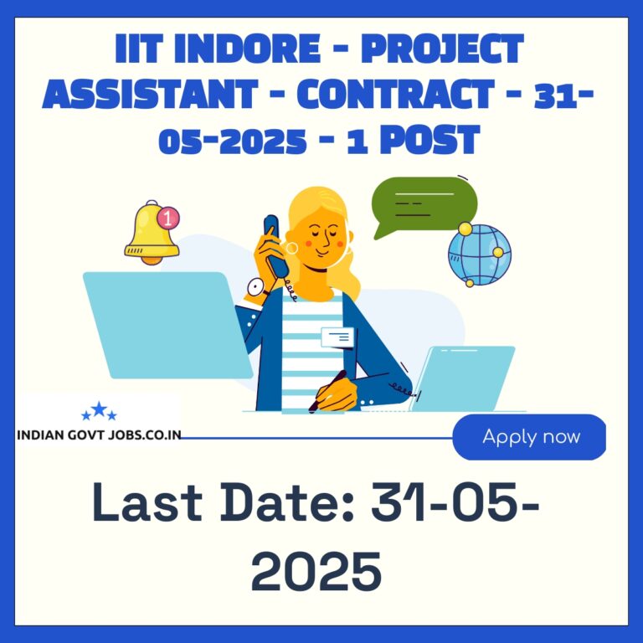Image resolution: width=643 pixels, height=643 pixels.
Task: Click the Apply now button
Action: pos(529,437)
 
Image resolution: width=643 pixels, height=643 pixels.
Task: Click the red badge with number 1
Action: pos(168,218)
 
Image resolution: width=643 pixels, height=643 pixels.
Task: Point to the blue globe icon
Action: pos(479,255)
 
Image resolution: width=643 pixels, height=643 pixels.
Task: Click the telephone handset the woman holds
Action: pos(275,246)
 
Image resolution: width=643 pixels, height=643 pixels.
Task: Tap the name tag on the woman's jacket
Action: pos(337,337)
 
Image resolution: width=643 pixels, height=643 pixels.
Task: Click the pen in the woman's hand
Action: pos(327,392)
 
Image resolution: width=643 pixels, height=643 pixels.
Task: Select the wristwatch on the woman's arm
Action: pos(257,288)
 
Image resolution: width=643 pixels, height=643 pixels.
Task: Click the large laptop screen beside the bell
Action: pos(167,325)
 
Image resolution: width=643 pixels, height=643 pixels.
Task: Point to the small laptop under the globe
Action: pos(462,378)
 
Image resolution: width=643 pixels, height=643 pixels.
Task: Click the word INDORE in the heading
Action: pos(247,49)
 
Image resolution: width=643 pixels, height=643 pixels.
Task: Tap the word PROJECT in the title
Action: pos(442,49)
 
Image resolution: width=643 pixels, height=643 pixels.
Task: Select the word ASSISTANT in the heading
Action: pos(150,94)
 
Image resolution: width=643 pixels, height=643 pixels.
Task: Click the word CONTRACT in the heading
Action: pos(396,94)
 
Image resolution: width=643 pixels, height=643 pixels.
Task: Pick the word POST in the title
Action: pos(430,140)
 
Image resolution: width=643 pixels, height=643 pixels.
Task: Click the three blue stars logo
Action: pos(99,411)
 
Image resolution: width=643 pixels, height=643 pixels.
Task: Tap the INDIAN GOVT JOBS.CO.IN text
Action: pos(99,435)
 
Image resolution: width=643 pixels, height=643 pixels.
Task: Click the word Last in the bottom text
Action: pos(147,502)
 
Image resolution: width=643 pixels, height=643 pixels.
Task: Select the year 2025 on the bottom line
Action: pos(316,571)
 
